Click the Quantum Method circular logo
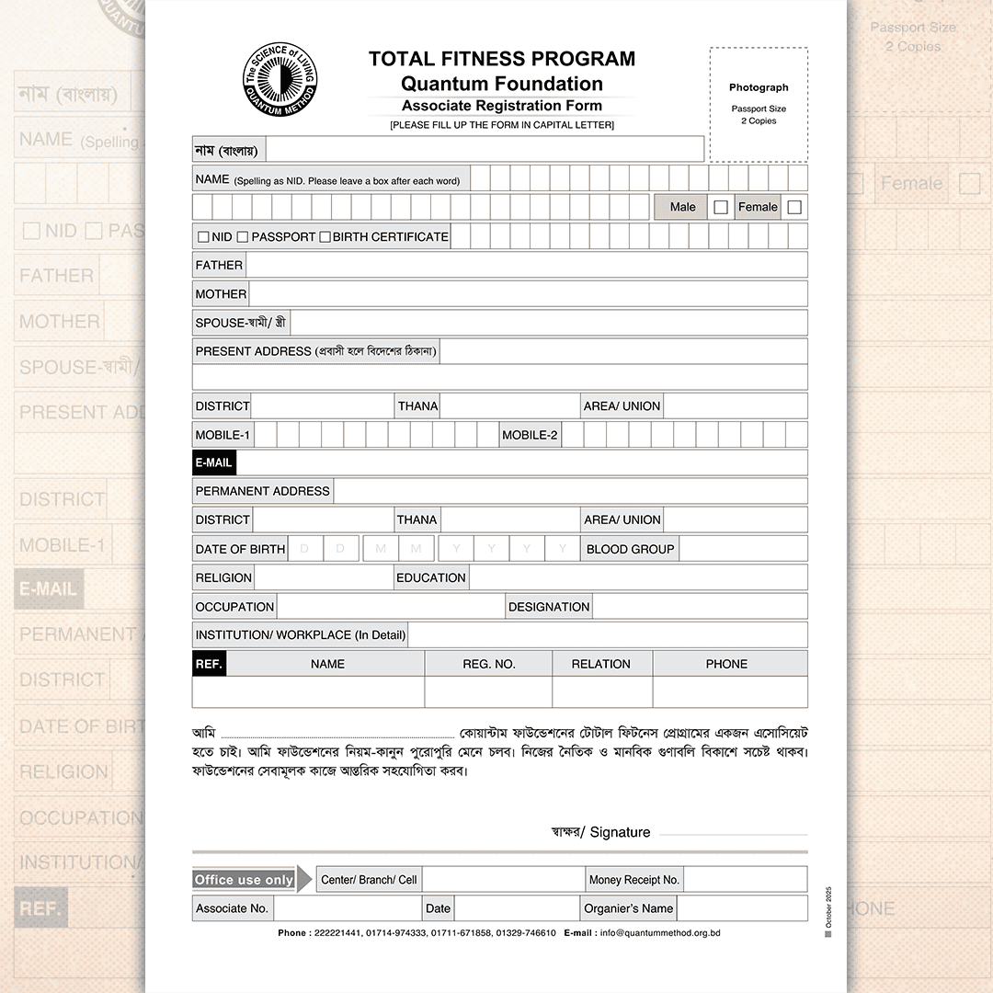click(x=280, y=80)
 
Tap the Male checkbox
click(x=721, y=207)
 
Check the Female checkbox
click(x=794, y=207)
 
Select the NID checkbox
click(x=203, y=237)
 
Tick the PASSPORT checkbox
click(x=243, y=237)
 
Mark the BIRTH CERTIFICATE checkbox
click(x=325, y=237)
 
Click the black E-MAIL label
click(x=214, y=462)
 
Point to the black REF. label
click(x=209, y=664)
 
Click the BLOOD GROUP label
click(x=631, y=549)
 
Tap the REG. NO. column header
click(x=488, y=664)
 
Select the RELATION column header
click(x=601, y=664)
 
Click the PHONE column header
click(x=726, y=664)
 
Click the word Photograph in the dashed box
click(x=759, y=87)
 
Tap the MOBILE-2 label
click(x=530, y=435)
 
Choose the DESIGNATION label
click(x=549, y=607)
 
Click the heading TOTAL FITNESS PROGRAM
click(x=502, y=59)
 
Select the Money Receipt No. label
click(x=634, y=880)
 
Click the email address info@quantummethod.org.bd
click(x=660, y=932)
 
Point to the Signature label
click(x=620, y=832)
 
